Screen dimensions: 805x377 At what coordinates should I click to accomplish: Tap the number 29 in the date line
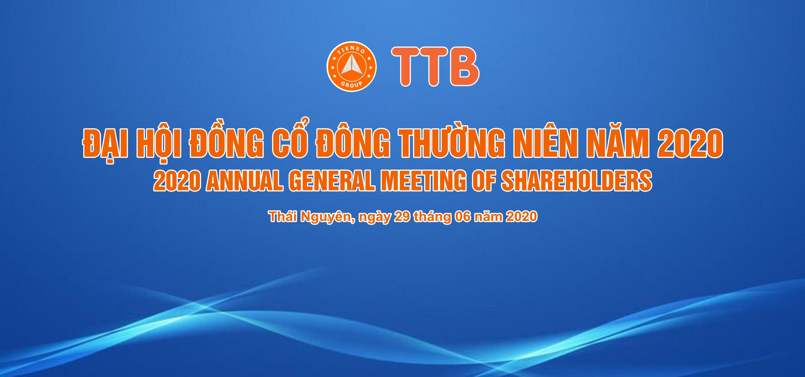402,216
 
